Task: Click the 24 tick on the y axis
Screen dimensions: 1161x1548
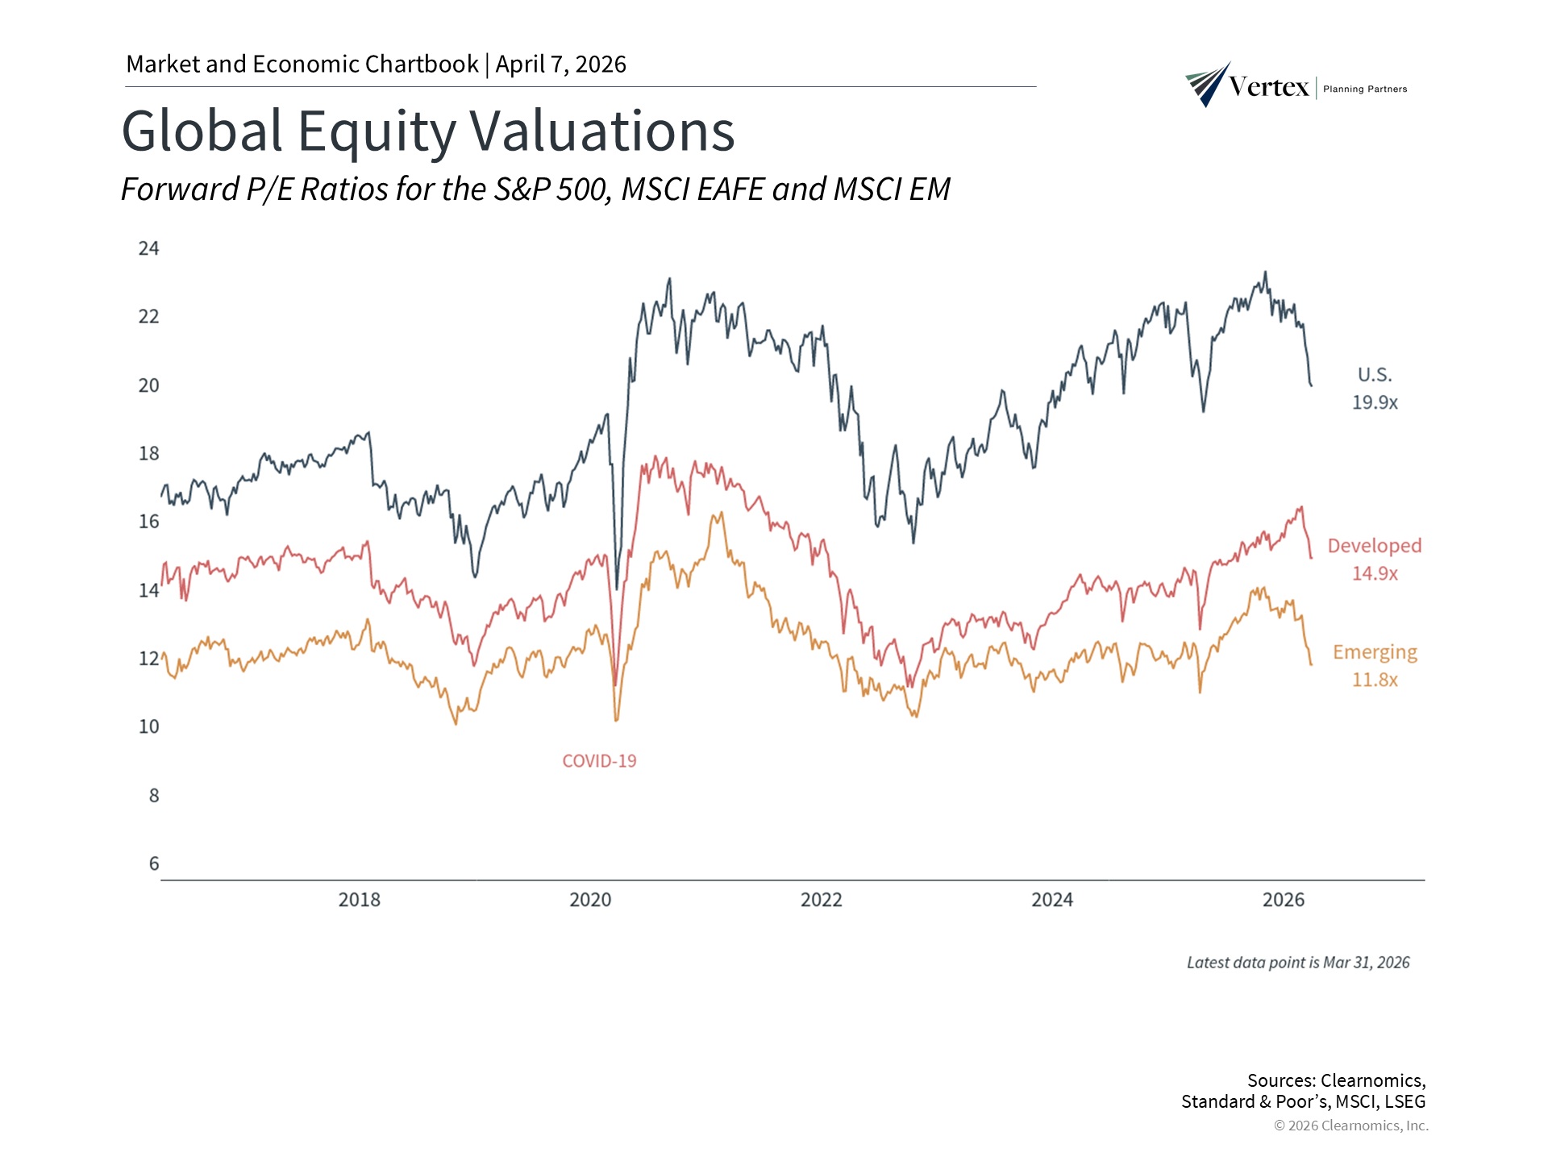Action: pos(149,248)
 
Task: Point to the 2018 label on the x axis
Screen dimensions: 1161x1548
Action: pos(359,900)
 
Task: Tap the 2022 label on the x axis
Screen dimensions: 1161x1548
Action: pos(821,900)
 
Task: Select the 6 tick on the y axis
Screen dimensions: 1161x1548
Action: pos(154,864)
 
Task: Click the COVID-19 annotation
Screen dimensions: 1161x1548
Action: pos(599,761)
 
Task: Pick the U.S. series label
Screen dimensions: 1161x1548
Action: pos(1375,375)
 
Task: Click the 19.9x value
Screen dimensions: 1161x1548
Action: pos(1375,402)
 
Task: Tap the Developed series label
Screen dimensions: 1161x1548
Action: pos(1375,546)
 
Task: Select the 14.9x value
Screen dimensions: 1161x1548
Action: pos(1375,573)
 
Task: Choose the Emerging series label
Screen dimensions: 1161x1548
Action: pos(1375,652)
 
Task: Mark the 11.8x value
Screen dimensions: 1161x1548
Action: pos(1375,680)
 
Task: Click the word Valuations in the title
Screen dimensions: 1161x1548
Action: pos(602,131)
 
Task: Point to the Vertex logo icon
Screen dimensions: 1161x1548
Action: pos(1207,85)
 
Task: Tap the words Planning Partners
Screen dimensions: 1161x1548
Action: pos(1365,89)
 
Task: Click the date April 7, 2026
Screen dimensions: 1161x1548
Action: pos(560,64)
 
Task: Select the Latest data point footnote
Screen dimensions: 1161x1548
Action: pos(1298,963)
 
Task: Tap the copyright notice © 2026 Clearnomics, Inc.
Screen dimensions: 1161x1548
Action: pos(1351,1126)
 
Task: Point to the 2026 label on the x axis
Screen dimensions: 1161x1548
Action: pos(1283,900)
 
